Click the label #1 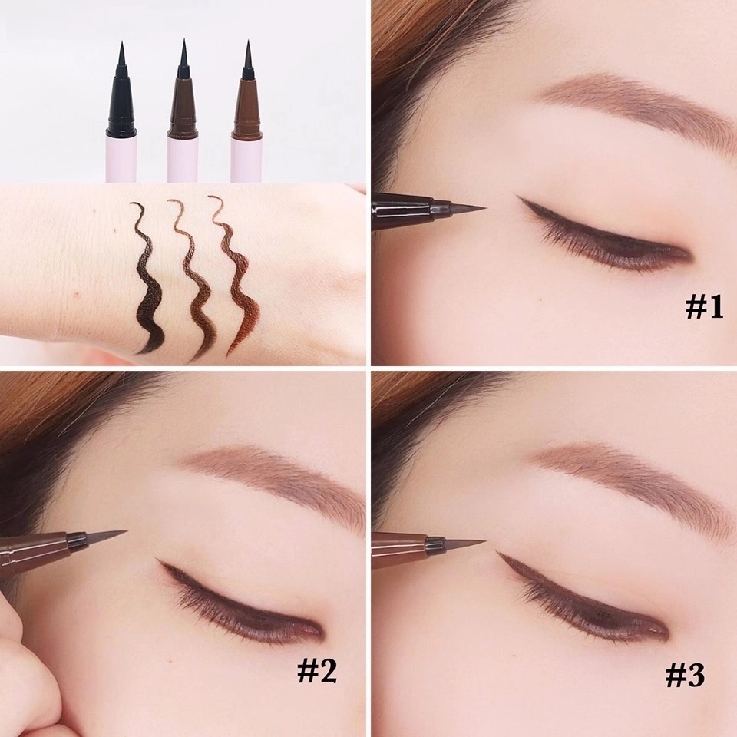pos(704,308)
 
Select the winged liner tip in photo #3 pos(500,553)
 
